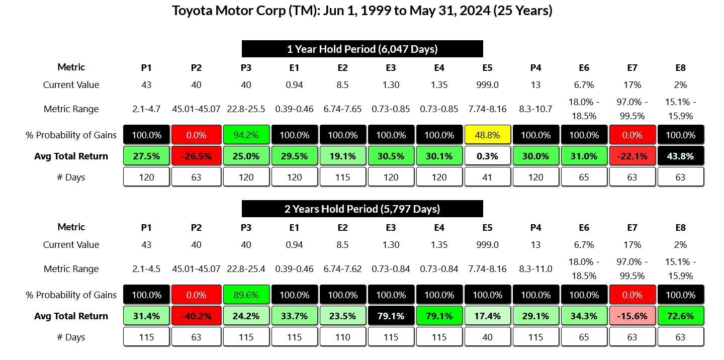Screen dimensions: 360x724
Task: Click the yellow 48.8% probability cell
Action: [487, 135]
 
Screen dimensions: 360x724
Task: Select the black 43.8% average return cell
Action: [680, 156]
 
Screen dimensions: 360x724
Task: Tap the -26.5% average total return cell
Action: [196, 156]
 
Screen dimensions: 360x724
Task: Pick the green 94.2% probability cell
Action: [245, 135]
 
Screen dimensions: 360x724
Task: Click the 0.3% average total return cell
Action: [487, 156]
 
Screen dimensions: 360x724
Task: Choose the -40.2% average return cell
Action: [196, 316]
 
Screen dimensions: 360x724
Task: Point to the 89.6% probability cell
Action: [245, 295]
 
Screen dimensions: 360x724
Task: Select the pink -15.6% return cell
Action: [632, 316]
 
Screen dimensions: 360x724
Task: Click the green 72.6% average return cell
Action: [680, 316]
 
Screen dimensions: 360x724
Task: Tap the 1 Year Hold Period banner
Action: [362, 49]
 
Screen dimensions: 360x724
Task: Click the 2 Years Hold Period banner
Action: [362, 209]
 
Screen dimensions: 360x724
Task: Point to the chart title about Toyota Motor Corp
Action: [362, 11]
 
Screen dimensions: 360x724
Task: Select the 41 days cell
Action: [487, 177]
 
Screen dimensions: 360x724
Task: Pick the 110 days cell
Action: [342, 337]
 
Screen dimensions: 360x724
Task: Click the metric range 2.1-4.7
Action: [146, 109]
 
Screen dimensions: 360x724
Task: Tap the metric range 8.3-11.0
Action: [535, 269]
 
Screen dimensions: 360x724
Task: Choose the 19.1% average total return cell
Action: [342, 156]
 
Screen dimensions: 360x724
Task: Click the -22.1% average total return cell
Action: [632, 156]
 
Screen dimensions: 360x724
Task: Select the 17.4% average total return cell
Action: [487, 316]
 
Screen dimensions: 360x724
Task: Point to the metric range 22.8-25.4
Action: [245, 269]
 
